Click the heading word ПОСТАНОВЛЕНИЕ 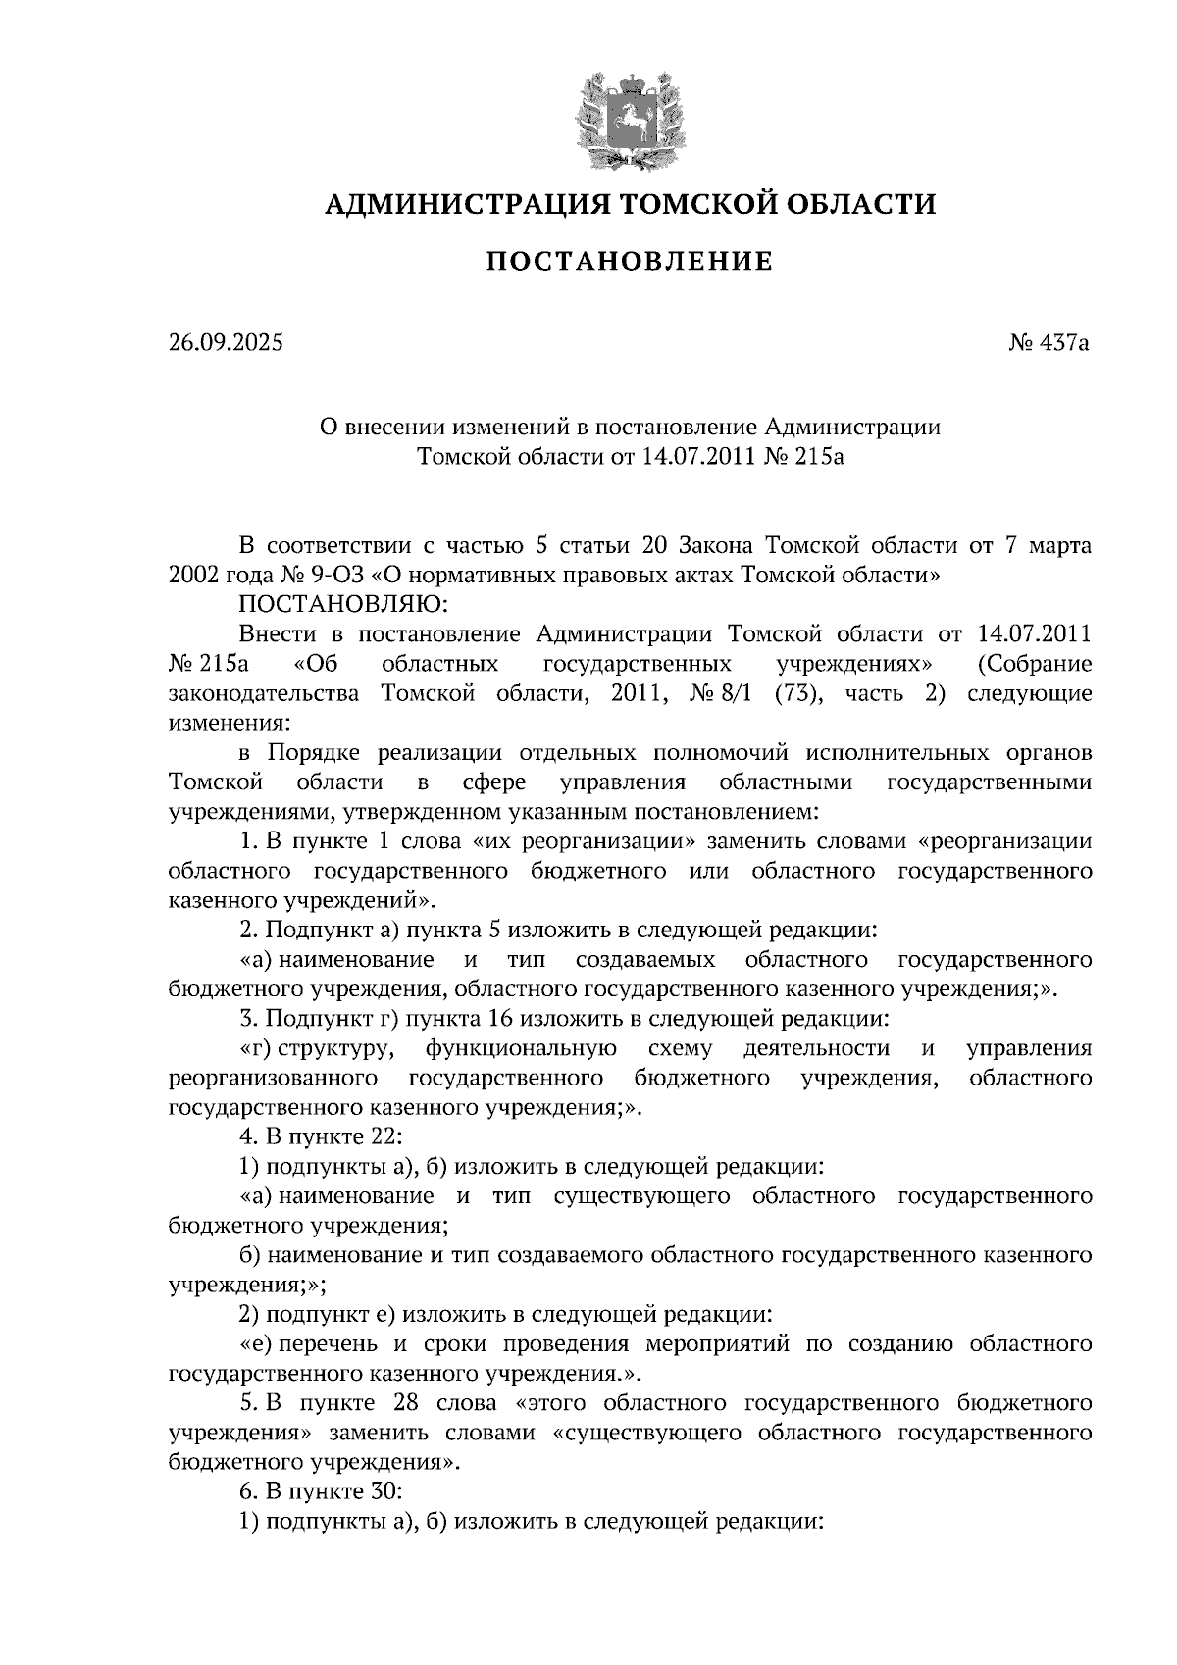[630, 262]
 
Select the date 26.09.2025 [225, 343]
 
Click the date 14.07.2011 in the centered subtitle [700, 456]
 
